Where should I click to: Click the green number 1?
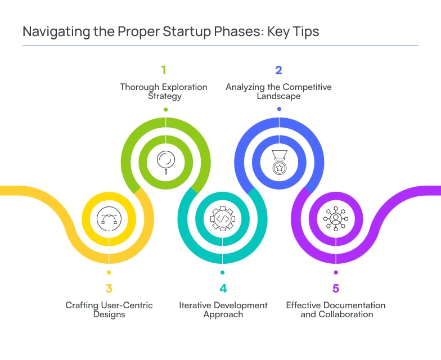[x=164, y=70]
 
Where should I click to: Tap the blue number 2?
[x=278, y=70]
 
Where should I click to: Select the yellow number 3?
[x=109, y=289]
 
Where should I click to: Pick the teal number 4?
[x=223, y=289]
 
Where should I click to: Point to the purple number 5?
[x=336, y=289]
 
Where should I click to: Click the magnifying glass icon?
[x=166, y=161]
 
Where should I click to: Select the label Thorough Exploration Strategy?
[x=164, y=91]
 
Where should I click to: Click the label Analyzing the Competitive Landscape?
[x=278, y=91]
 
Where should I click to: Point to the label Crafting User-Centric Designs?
[x=109, y=309]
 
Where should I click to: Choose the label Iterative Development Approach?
[x=223, y=309]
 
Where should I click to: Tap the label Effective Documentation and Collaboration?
[x=336, y=309]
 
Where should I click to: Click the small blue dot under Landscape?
[x=279, y=109]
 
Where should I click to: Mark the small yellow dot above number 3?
[x=109, y=272]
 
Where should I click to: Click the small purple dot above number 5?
[x=336, y=272]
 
